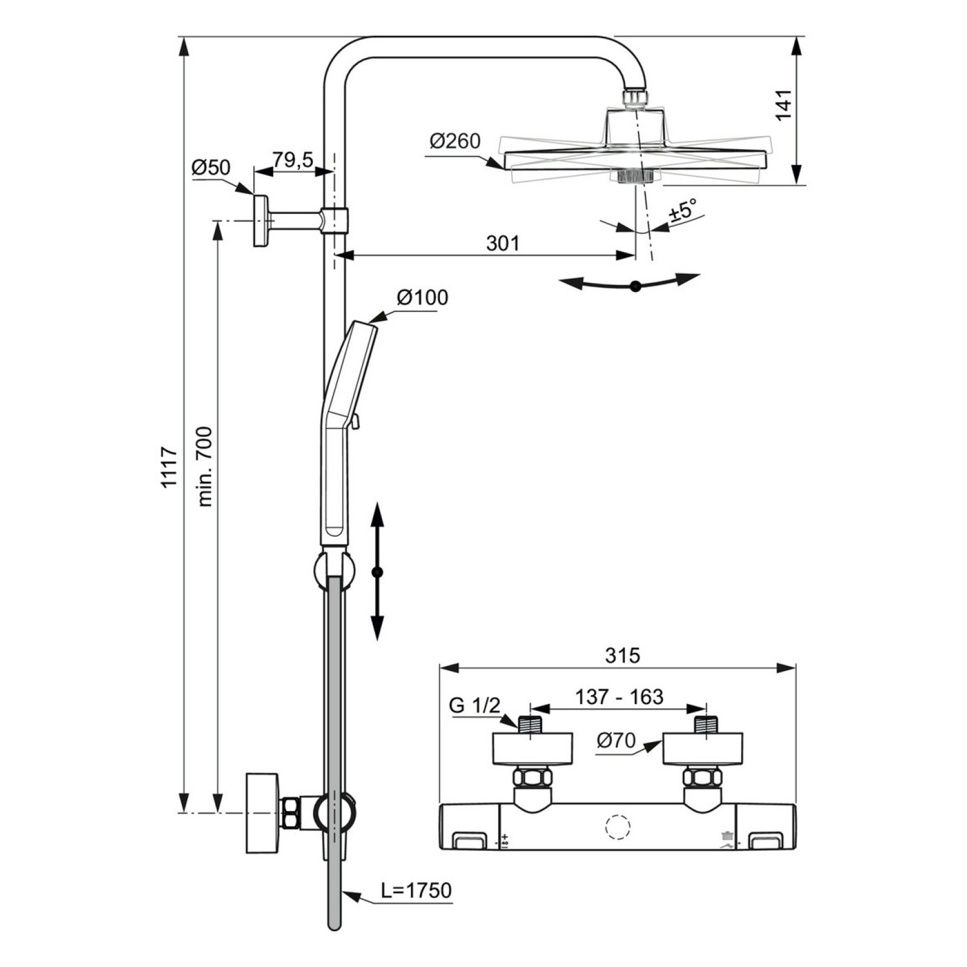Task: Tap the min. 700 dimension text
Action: [x=205, y=466]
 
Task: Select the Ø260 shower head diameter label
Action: [x=454, y=141]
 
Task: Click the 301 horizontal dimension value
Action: [x=503, y=243]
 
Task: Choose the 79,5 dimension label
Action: [x=293, y=160]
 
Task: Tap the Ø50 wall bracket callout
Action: [x=211, y=167]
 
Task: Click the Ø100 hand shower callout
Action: [x=422, y=297]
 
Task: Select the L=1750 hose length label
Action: [x=416, y=890]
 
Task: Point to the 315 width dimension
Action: [x=623, y=655]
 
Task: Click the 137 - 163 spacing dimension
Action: [x=619, y=697]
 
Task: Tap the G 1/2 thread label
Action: [x=474, y=705]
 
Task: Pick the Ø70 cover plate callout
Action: [x=616, y=740]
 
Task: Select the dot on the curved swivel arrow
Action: [x=635, y=287]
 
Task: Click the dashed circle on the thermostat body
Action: [x=618, y=826]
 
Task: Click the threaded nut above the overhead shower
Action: [x=635, y=99]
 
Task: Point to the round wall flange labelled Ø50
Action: [x=261, y=221]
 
